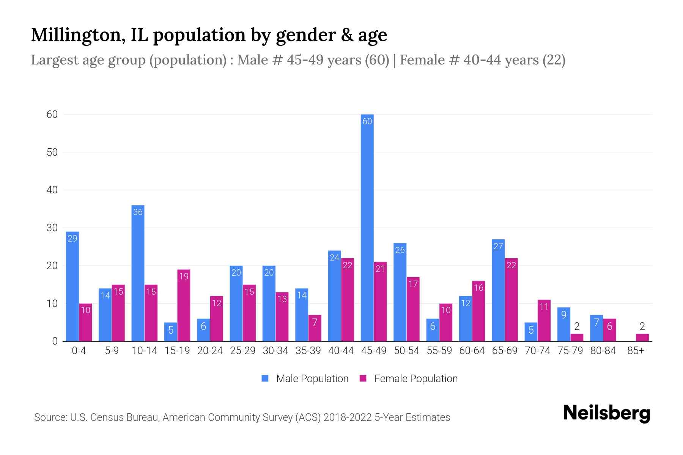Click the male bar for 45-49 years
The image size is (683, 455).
(x=367, y=227)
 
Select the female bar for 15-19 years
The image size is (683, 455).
(x=184, y=305)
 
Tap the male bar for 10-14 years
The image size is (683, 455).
(x=138, y=273)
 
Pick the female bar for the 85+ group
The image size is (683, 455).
(x=642, y=337)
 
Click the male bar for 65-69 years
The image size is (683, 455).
(x=498, y=290)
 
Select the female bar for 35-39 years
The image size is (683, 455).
(x=315, y=328)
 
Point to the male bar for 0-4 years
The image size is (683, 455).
(x=72, y=286)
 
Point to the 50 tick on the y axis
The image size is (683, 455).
(x=52, y=152)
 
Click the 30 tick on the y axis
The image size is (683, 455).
(x=52, y=228)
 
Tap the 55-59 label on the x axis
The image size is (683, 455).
(x=439, y=351)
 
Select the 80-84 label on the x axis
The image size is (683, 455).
(x=603, y=351)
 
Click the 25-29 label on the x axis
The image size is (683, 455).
(x=242, y=351)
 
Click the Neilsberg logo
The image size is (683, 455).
(x=606, y=413)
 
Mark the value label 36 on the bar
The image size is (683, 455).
(x=138, y=212)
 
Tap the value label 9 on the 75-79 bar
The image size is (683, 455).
(x=563, y=314)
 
